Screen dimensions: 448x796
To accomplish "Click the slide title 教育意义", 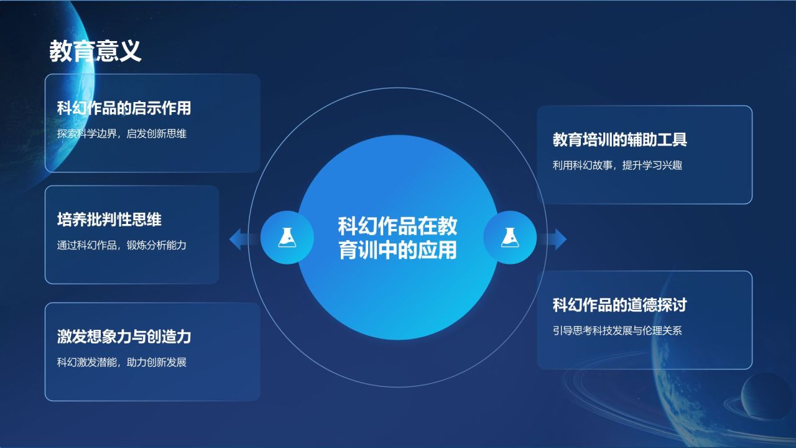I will [x=95, y=52].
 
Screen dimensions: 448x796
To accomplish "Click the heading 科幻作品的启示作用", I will [x=124, y=108].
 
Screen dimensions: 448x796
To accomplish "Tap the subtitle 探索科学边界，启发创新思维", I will [x=122, y=133].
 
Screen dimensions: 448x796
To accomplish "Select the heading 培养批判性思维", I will [x=109, y=220].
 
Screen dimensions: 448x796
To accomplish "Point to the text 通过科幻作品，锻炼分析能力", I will [x=122, y=245].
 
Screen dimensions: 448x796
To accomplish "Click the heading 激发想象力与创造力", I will [x=124, y=337].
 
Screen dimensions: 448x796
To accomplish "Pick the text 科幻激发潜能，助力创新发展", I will [x=122, y=362].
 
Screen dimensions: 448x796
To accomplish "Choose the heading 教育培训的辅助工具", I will [x=619, y=139].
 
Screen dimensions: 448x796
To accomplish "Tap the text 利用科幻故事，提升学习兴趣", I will [x=618, y=166].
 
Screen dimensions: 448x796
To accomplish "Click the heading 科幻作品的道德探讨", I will [x=619, y=305].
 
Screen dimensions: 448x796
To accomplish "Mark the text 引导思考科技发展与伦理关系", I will [x=618, y=330].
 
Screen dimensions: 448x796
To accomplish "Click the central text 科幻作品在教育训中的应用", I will [x=397, y=238].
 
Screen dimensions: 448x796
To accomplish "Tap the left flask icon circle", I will [x=287, y=237].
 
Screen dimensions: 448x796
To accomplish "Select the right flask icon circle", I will [x=510, y=237].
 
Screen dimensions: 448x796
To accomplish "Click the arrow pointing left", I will [x=239, y=239].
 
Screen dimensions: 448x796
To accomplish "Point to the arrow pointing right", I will [x=557, y=239].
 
